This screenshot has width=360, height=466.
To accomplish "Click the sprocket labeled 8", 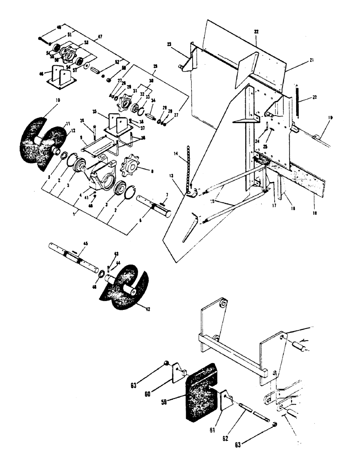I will [x=132, y=167].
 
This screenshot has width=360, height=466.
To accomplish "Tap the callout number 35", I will [x=95, y=112].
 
